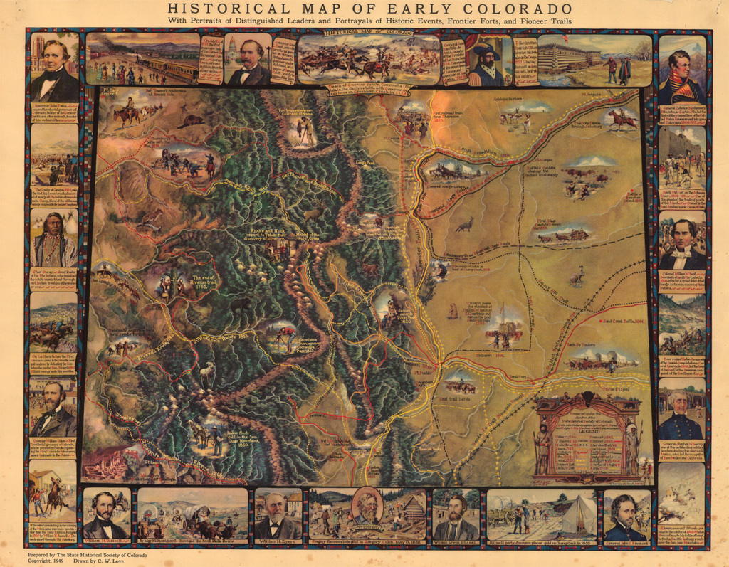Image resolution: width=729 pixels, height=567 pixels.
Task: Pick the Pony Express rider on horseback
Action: point(622,119)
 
